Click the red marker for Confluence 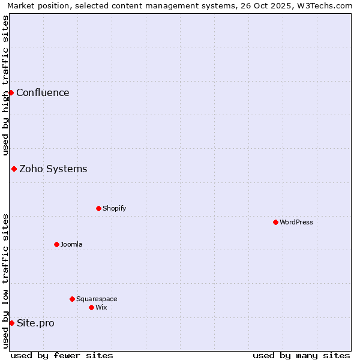pos(11,92)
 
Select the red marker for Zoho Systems pos(14,169)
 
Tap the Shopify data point pos(98,208)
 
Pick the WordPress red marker pos(275,222)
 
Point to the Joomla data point pos(56,244)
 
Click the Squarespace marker pos(72,299)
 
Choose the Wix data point pos(91,307)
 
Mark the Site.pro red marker pos(11,323)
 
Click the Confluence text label pos(43,92)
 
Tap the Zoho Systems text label pos(53,169)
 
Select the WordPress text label pos(296,222)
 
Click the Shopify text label pos(114,208)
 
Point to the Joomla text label pos(71,244)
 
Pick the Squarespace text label pos(97,299)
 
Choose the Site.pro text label pos(35,323)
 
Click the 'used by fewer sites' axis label pos(62,355)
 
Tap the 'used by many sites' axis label pos(301,355)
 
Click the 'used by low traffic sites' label pos(5,281)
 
